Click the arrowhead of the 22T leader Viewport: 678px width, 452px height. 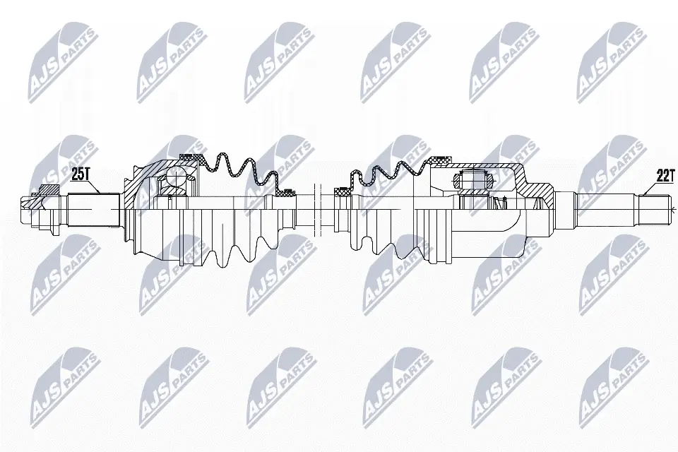pyautogui.click(x=644, y=195)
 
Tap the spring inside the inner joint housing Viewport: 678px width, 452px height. pyautogui.click(x=500, y=205)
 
